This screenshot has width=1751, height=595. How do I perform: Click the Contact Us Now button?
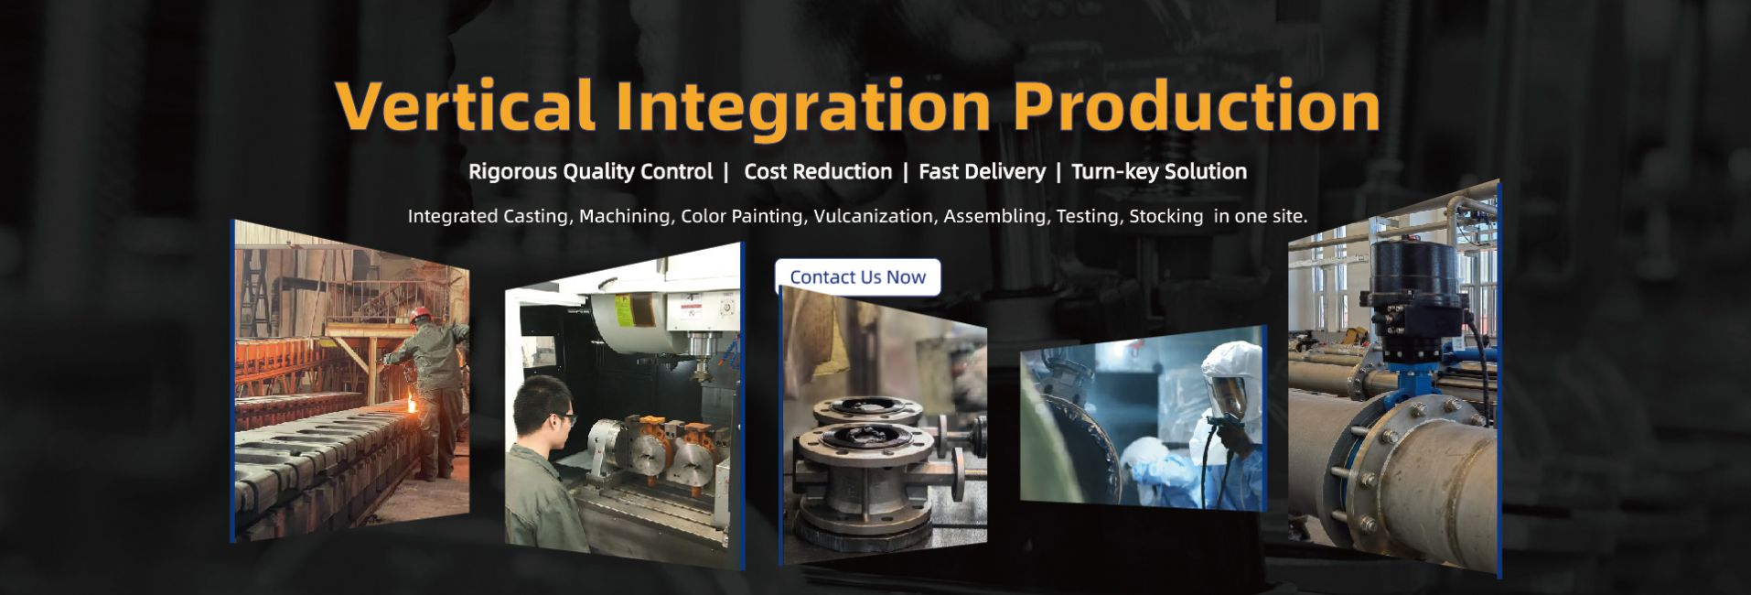tap(857, 276)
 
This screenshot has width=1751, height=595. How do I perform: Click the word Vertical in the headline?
tap(466, 106)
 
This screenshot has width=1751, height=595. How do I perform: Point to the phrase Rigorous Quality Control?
tap(590, 171)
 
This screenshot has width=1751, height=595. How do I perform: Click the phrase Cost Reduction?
tap(818, 171)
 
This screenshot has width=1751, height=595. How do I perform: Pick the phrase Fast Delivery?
tap(982, 171)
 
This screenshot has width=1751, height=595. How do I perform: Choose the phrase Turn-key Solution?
tap(1159, 171)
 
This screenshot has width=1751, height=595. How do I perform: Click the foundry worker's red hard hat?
tap(419, 315)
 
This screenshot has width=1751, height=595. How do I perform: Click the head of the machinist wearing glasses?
tap(542, 411)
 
